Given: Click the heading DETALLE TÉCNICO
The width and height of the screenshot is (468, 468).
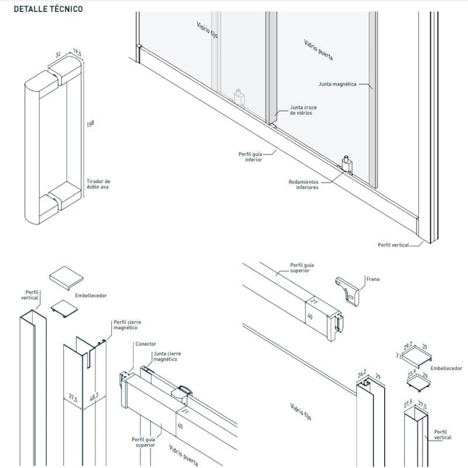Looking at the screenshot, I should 48,9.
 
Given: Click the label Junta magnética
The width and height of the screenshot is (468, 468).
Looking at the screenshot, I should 338,84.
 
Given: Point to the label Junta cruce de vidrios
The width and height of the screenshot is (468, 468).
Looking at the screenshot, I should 301,111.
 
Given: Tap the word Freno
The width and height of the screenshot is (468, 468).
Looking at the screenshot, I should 373,279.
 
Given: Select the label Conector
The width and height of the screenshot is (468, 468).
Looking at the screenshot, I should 146,344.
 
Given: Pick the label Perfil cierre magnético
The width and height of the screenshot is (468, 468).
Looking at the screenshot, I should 127,325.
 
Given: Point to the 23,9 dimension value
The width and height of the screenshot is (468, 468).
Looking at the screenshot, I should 412,373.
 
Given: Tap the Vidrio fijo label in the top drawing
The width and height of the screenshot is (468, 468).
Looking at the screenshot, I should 207,29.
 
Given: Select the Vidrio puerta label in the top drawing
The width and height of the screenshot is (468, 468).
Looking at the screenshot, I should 319,51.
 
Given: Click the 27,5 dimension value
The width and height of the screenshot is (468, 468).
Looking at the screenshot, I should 408,404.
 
